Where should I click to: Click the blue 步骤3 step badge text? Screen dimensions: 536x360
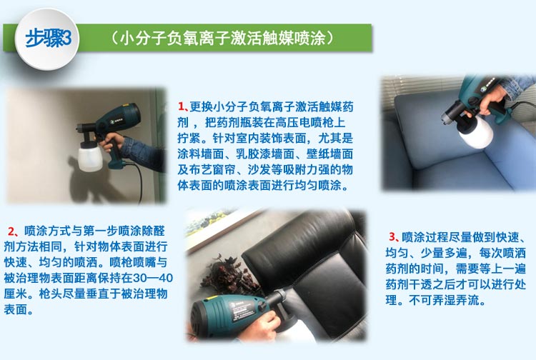[48, 39]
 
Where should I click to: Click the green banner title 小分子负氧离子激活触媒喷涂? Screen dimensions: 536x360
[222, 38]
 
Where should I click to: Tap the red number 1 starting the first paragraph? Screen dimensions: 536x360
[182, 106]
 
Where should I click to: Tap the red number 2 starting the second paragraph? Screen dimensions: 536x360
[11, 231]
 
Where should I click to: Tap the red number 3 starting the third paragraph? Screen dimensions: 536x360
[392, 236]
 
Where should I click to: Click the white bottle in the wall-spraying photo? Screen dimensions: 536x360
[90, 158]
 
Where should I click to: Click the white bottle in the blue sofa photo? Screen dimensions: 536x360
[475, 132]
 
